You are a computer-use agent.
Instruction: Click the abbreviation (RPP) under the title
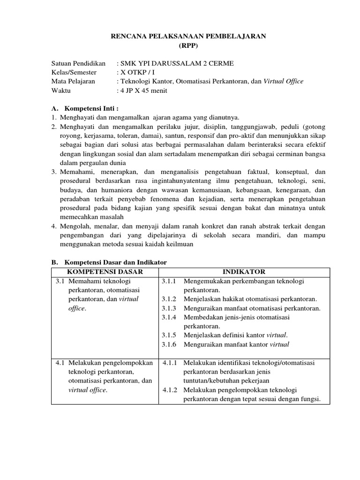[x=189, y=45]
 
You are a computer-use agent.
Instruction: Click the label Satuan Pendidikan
[x=78, y=63]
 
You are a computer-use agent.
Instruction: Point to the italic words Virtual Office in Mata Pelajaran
[x=284, y=81]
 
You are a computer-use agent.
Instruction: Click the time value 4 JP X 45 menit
[x=143, y=90]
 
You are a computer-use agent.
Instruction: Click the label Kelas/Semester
[x=74, y=72]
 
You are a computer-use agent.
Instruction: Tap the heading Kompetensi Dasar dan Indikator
[x=115, y=262]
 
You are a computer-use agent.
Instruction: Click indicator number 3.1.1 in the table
[x=168, y=281]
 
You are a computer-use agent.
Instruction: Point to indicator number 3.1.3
[x=168, y=308]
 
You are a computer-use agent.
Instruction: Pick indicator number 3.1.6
[x=168, y=345]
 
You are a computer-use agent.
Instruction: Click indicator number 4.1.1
[x=170, y=363]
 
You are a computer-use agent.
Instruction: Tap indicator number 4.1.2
[x=170, y=390]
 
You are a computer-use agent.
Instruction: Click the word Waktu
[x=60, y=90]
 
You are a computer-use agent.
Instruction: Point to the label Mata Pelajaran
[x=73, y=81]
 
